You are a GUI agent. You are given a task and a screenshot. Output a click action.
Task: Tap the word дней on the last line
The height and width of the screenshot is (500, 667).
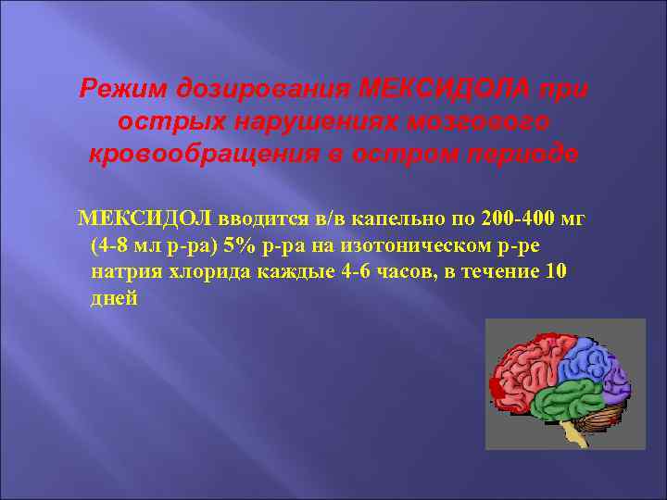click(x=115, y=298)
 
